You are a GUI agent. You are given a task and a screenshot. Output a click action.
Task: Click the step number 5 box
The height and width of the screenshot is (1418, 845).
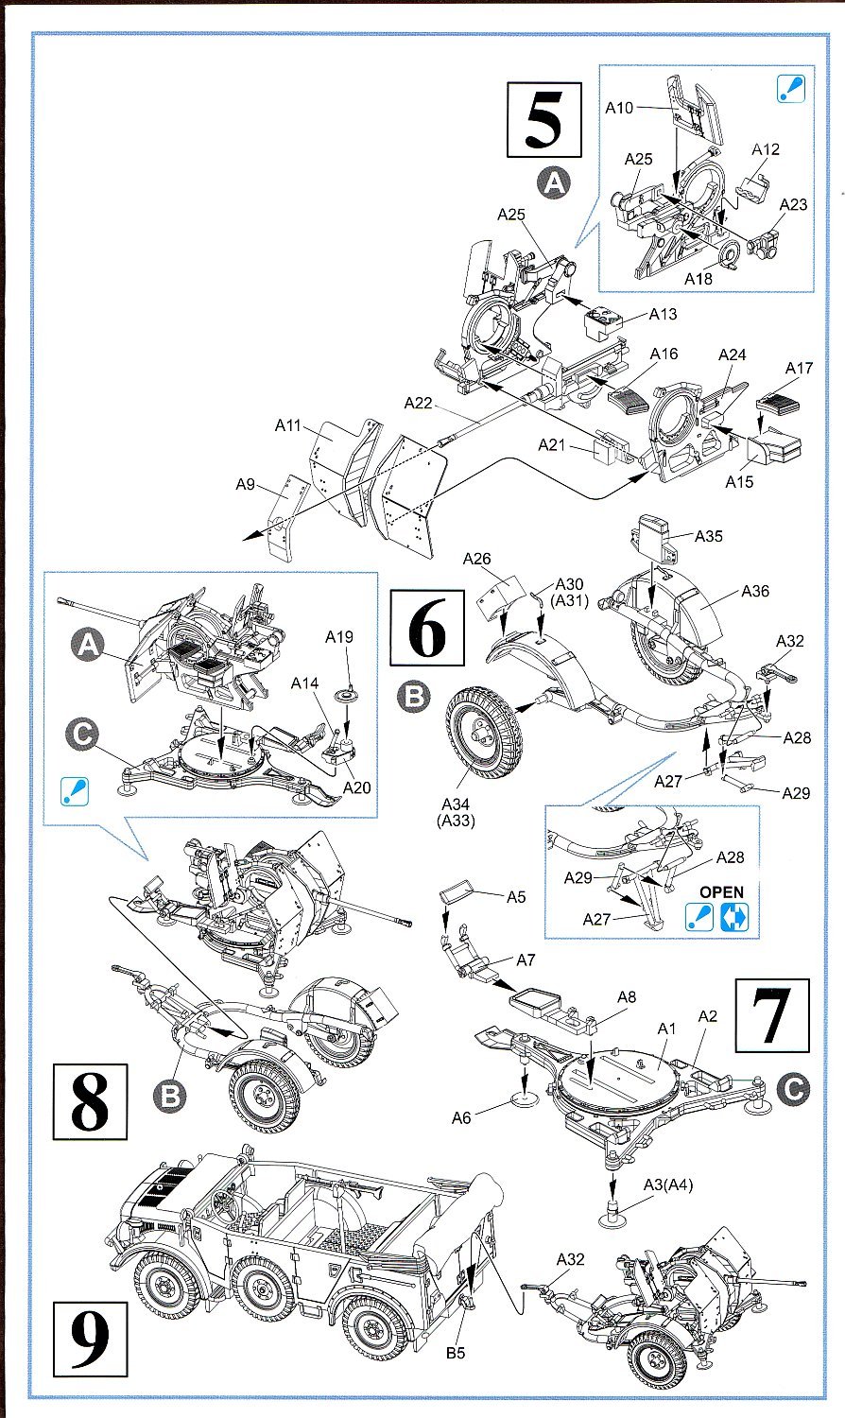click(543, 120)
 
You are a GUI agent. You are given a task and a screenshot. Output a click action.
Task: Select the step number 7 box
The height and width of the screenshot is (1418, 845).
click(774, 1016)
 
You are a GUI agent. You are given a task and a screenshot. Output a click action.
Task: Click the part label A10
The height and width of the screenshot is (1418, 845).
click(619, 108)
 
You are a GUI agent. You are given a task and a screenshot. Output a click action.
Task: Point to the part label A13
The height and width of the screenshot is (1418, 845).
click(663, 314)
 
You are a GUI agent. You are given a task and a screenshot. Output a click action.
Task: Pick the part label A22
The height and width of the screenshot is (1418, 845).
click(418, 403)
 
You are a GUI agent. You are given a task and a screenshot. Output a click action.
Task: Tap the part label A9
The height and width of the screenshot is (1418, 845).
click(246, 484)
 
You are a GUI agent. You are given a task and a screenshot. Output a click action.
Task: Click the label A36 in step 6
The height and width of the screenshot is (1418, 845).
click(755, 591)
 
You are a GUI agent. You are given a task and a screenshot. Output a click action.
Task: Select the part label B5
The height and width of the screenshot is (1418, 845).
click(456, 1353)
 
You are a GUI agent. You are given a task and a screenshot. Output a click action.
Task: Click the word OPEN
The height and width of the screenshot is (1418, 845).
click(721, 891)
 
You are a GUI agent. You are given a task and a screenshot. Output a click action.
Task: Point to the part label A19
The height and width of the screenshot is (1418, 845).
click(339, 636)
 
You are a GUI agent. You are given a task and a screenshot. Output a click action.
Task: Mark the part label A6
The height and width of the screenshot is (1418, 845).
click(460, 1118)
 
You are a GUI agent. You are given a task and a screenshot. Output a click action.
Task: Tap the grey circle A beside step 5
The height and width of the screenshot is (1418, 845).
click(554, 182)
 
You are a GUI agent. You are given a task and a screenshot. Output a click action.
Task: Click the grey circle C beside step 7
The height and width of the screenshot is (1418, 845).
click(793, 1089)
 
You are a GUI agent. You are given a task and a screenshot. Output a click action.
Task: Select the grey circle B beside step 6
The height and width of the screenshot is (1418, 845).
click(414, 698)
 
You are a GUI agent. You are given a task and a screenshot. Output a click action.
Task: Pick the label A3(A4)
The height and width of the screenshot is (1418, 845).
click(668, 1185)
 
